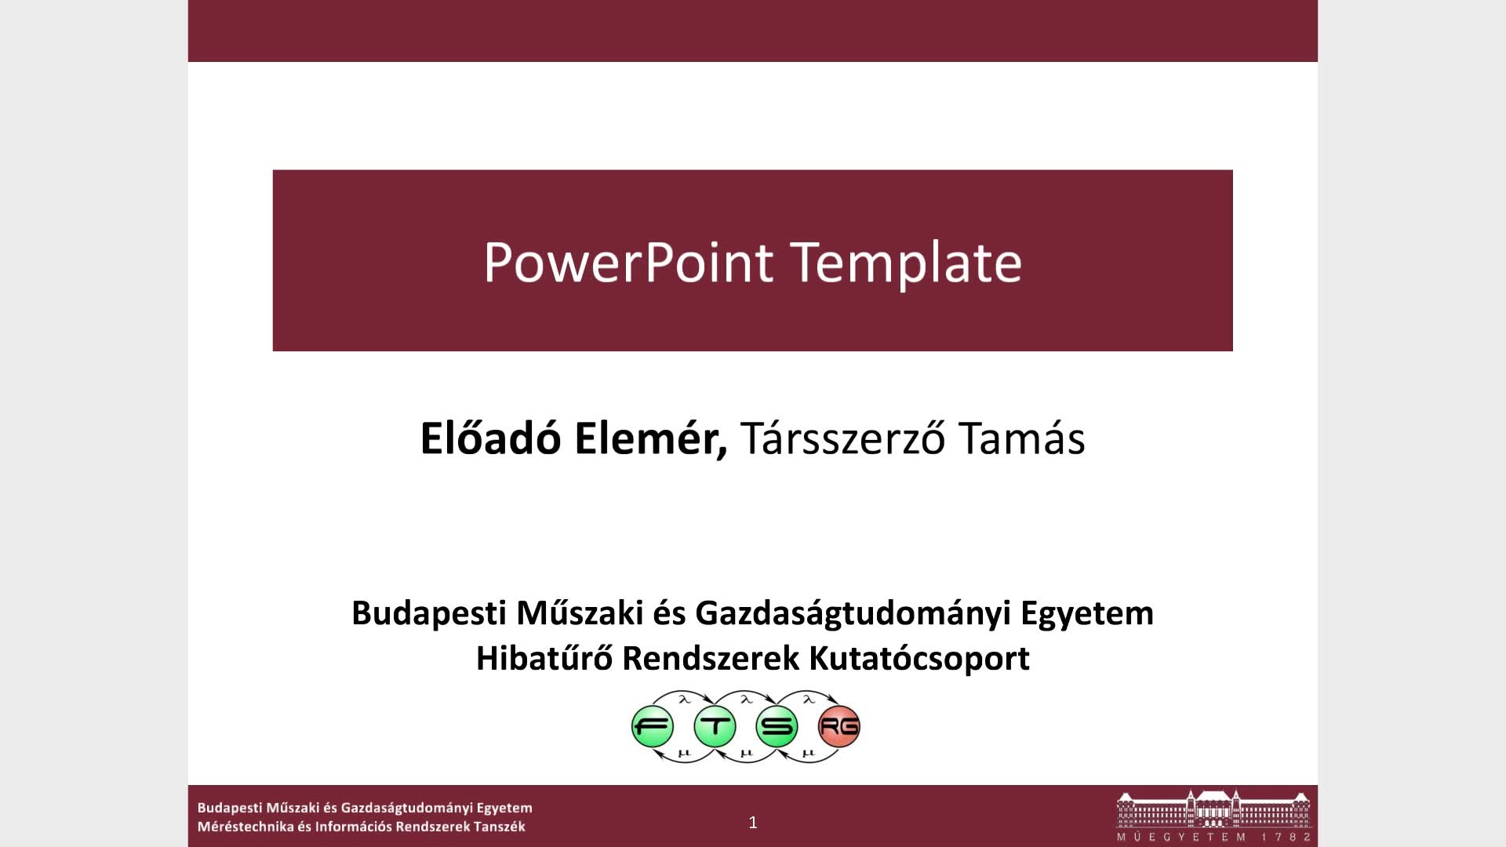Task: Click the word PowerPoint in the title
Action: (x=628, y=262)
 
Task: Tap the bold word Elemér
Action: (x=651, y=439)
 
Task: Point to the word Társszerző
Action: (x=842, y=438)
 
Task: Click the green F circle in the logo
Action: (x=653, y=727)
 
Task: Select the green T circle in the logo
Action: (x=715, y=727)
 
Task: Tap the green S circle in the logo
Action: (x=777, y=727)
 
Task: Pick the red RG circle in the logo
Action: (x=839, y=727)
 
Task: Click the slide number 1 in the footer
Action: (x=753, y=822)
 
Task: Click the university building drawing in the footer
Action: (x=1213, y=809)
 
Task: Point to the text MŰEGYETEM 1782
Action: (x=1214, y=837)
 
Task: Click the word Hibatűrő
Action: (x=544, y=658)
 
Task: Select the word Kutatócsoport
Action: (x=919, y=660)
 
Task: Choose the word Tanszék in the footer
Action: (x=500, y=827)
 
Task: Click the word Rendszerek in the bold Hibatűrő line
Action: (x=710, y=659)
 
